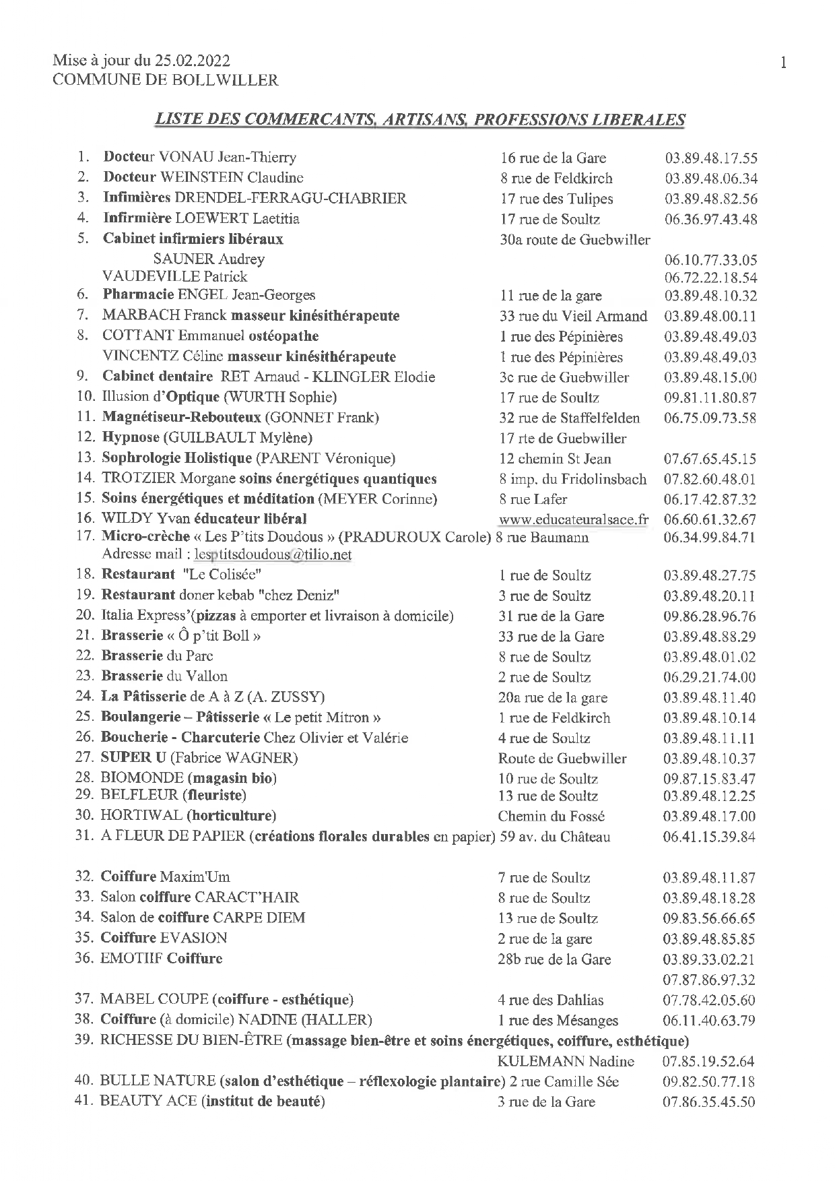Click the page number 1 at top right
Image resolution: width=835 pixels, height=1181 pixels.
[783, 63]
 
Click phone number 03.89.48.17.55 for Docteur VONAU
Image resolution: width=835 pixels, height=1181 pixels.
[710, 159]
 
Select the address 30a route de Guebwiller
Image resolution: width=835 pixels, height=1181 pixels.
[574, 240]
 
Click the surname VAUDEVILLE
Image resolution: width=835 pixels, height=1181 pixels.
[151, 277]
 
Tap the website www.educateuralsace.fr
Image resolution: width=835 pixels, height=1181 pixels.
[574, 519]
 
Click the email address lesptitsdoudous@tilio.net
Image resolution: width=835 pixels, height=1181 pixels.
[273, 554]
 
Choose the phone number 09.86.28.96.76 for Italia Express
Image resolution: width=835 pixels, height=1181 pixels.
[710, 616]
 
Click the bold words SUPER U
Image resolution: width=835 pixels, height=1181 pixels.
[133, 758]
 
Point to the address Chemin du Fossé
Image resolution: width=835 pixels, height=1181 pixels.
[552, 817]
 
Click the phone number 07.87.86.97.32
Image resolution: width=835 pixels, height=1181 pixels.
[709, 980]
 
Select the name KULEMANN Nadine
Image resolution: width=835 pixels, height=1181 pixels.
[566, 1062]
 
